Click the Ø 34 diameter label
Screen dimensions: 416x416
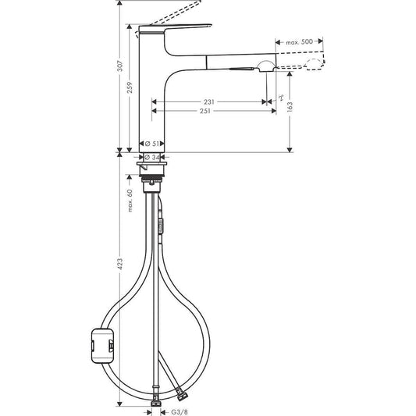153,157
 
